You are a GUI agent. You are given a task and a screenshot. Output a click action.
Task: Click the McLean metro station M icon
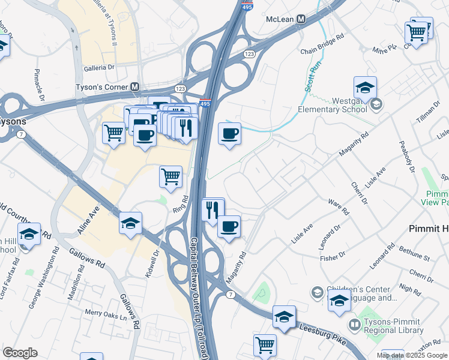click(x=301, y=19)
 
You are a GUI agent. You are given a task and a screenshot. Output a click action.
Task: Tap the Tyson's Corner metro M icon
click(x=135, y=88)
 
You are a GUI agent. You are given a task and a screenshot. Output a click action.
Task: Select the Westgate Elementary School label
click(x=333, y=106)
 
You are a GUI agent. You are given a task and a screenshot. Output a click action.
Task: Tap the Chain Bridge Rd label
click(x=322, y=37)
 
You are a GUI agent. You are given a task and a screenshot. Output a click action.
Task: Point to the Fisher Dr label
click(x=333, y=259)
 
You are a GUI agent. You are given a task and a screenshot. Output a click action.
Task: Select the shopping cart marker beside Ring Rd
click(x=171, y=177)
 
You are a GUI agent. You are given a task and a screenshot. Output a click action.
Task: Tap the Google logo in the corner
click(x=20, y=353)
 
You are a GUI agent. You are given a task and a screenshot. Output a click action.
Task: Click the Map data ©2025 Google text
click(x=411, y=355)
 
